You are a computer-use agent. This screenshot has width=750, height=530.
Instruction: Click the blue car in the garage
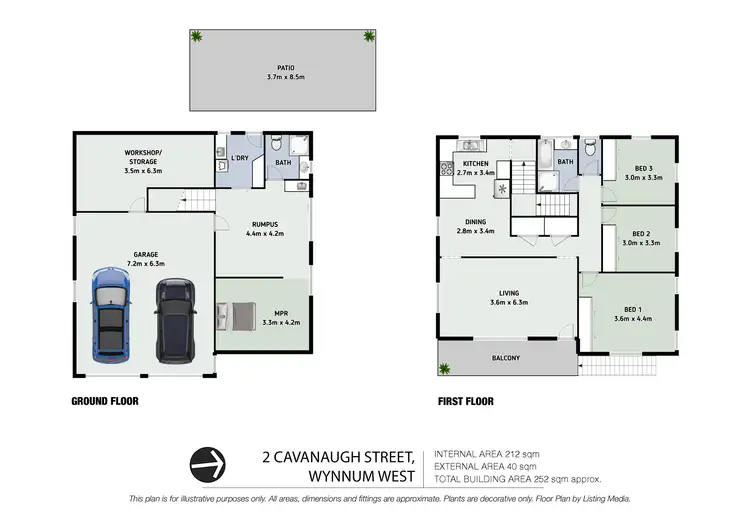click(x=110, y=315)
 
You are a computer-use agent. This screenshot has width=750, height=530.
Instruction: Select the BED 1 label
click(x=632, y=309)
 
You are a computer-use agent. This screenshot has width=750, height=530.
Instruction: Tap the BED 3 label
click(x=643, y=168)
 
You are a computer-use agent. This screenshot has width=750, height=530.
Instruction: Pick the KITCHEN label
click(x=475, y=163)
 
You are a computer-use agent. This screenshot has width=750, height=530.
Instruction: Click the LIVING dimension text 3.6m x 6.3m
click(x=508, y=301)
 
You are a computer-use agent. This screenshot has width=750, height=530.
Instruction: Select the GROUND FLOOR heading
click(x=104, y=401)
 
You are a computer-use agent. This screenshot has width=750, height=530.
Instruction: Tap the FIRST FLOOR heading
click(x=465, y=401)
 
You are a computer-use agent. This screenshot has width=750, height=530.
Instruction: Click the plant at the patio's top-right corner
click(x=369, y=36)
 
